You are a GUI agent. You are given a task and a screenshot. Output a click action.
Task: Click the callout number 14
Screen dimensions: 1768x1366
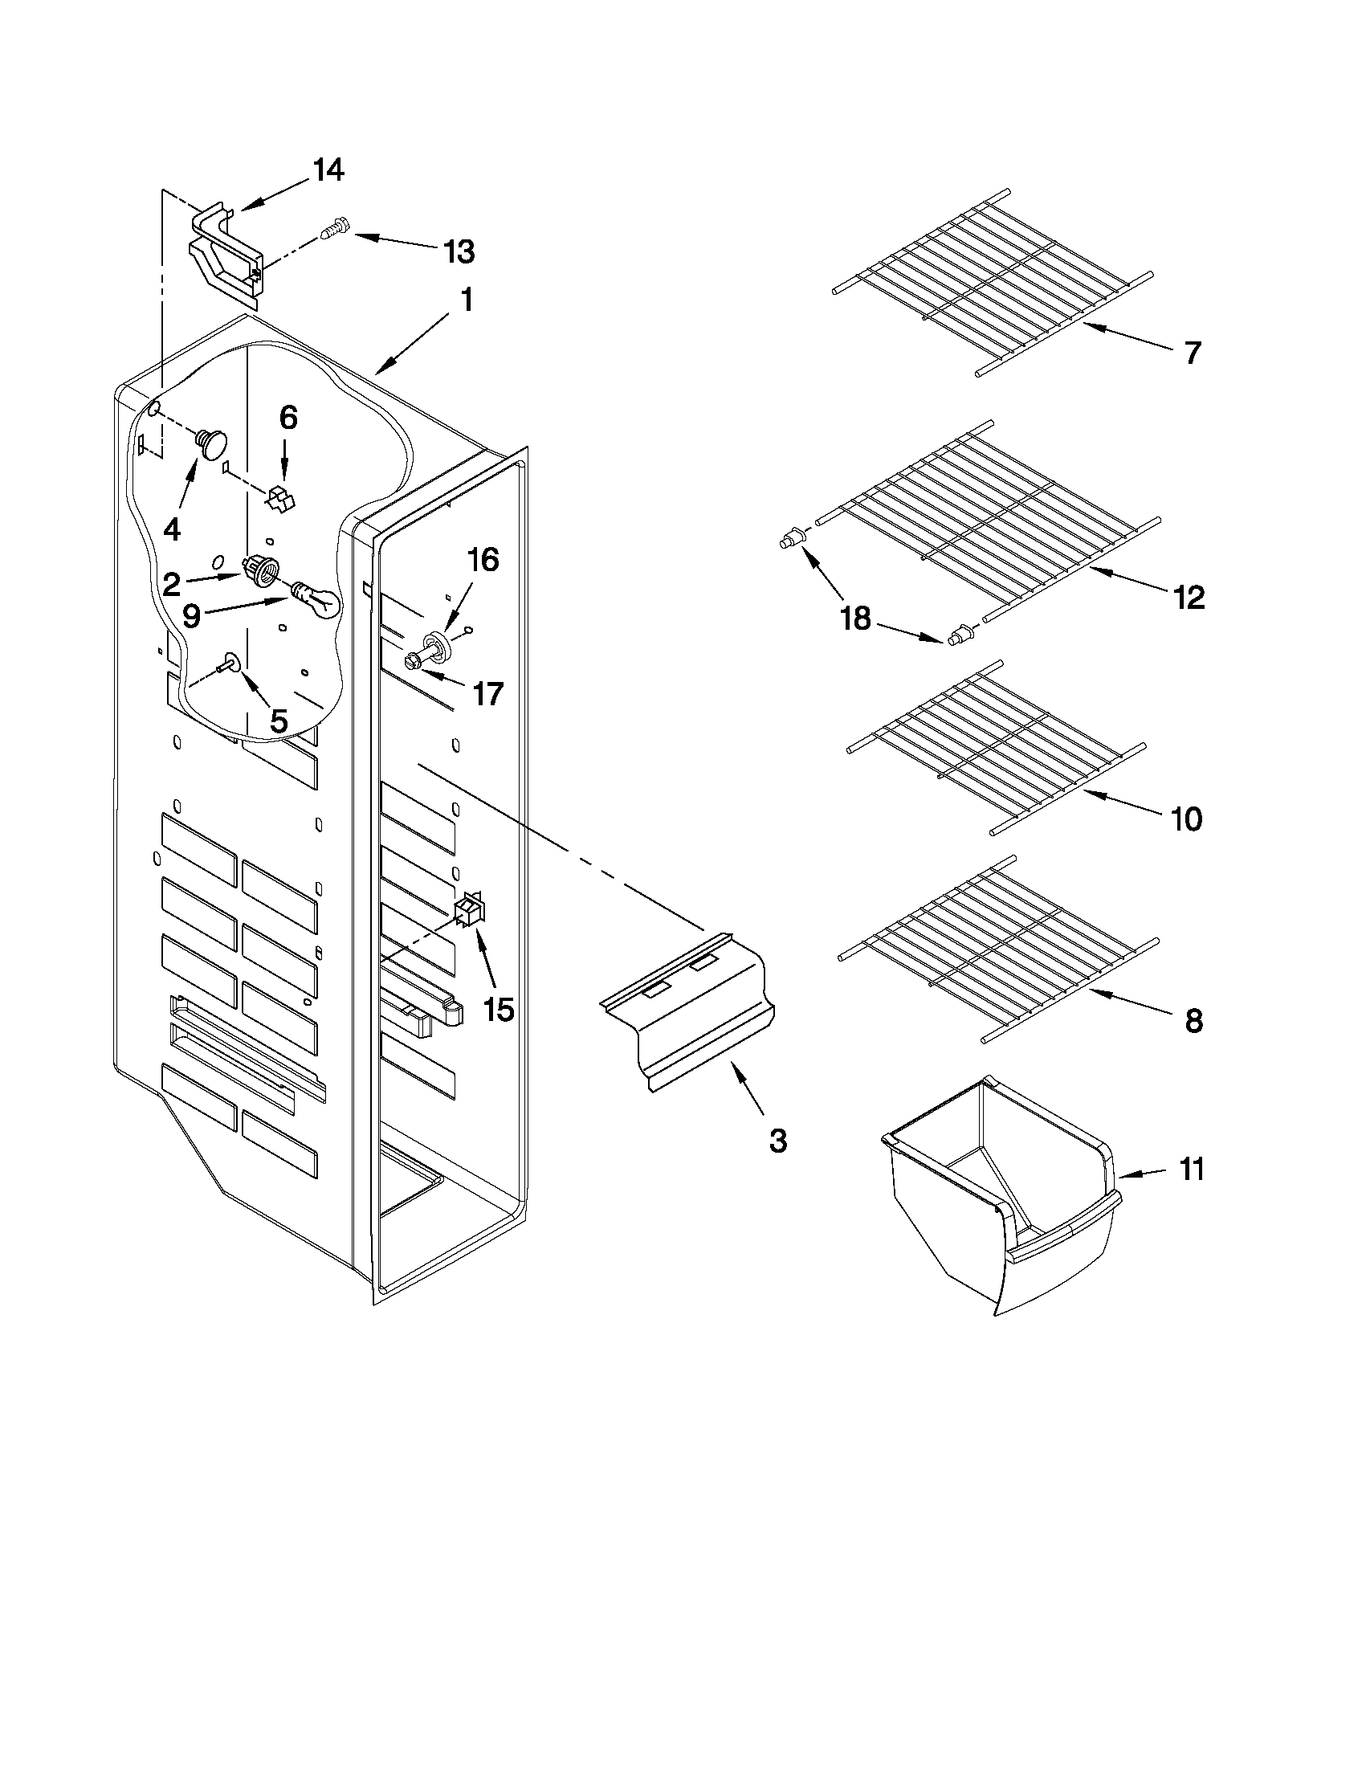(x=328, y=171)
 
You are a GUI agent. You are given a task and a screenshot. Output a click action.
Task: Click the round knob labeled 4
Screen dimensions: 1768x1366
(x=213, y=444)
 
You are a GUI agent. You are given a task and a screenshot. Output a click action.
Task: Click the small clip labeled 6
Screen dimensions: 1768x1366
(x=280, y=498)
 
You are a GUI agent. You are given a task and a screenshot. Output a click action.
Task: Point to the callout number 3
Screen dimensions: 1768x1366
(x=777, y=1141)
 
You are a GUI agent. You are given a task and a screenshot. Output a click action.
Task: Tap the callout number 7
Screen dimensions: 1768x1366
(x=1192, y=353)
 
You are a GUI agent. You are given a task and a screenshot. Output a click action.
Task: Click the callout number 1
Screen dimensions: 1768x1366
(x=466, y=301)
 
